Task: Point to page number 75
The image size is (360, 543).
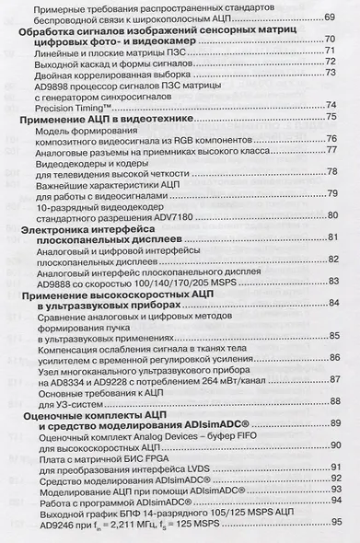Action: pyautogui.click(x=330, y=120)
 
